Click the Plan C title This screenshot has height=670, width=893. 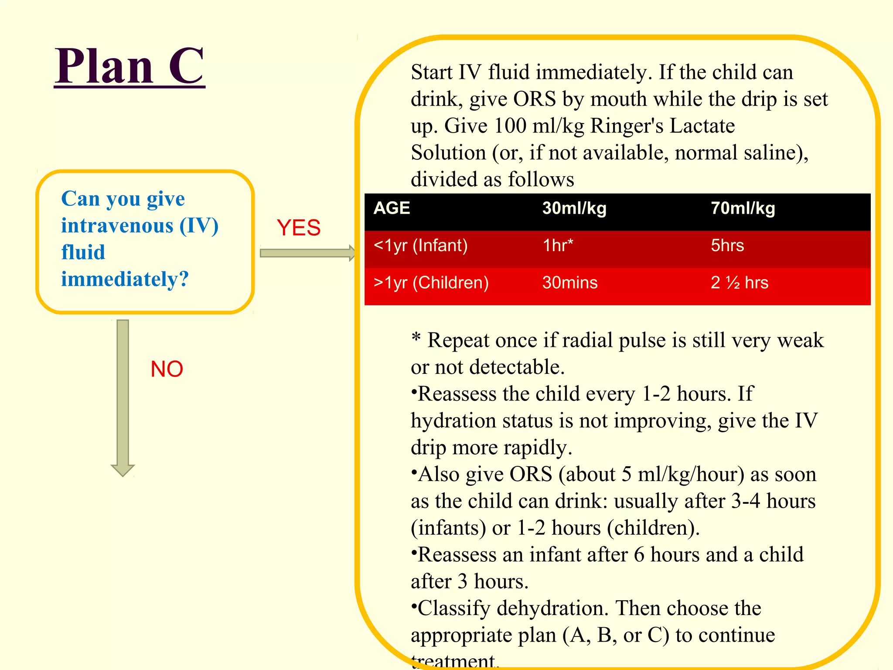pyautogui.click(x=130, y=66)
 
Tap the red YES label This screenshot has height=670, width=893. pyautogui.click(x=299, y=228)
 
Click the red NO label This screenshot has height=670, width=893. pyautogui.click(x=167, y=369)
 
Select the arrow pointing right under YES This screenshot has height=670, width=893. pyautogui.click(x=307, y=253)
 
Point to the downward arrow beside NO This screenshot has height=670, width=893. pyautogui.click(x=123, y=397)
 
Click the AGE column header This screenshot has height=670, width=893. pyautogui.click(x=392, y=209)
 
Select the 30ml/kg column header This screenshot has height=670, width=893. pyautogui.click(x=574, y=209)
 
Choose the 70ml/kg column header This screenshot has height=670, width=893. pyautogui.click(x=743, y=209)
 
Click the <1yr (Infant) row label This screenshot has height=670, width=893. pyautogui.click(x=420, y=246)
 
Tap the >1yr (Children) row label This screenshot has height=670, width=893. pyautogui.click(x=431, y=283)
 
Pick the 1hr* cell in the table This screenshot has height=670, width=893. pyautogui.click(x=558, y=246)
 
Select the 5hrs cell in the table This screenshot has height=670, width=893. pyautogui.click(x=727, y=246)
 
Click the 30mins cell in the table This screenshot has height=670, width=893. pyautogui.click(x=570, y=283)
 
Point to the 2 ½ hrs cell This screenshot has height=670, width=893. pyautogui.click(x=740, y=283)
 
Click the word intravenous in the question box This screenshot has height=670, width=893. pyautogui.click(x=117, y=226)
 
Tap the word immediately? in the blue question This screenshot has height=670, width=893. pyautogui.click(x=125, y=279)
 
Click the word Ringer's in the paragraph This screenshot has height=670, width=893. pyautogui.click(x=626, y=126)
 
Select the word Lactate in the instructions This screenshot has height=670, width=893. pyautogui.click(x=702, y=126)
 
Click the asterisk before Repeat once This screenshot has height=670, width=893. pyautogui.click(x=416, y=337)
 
